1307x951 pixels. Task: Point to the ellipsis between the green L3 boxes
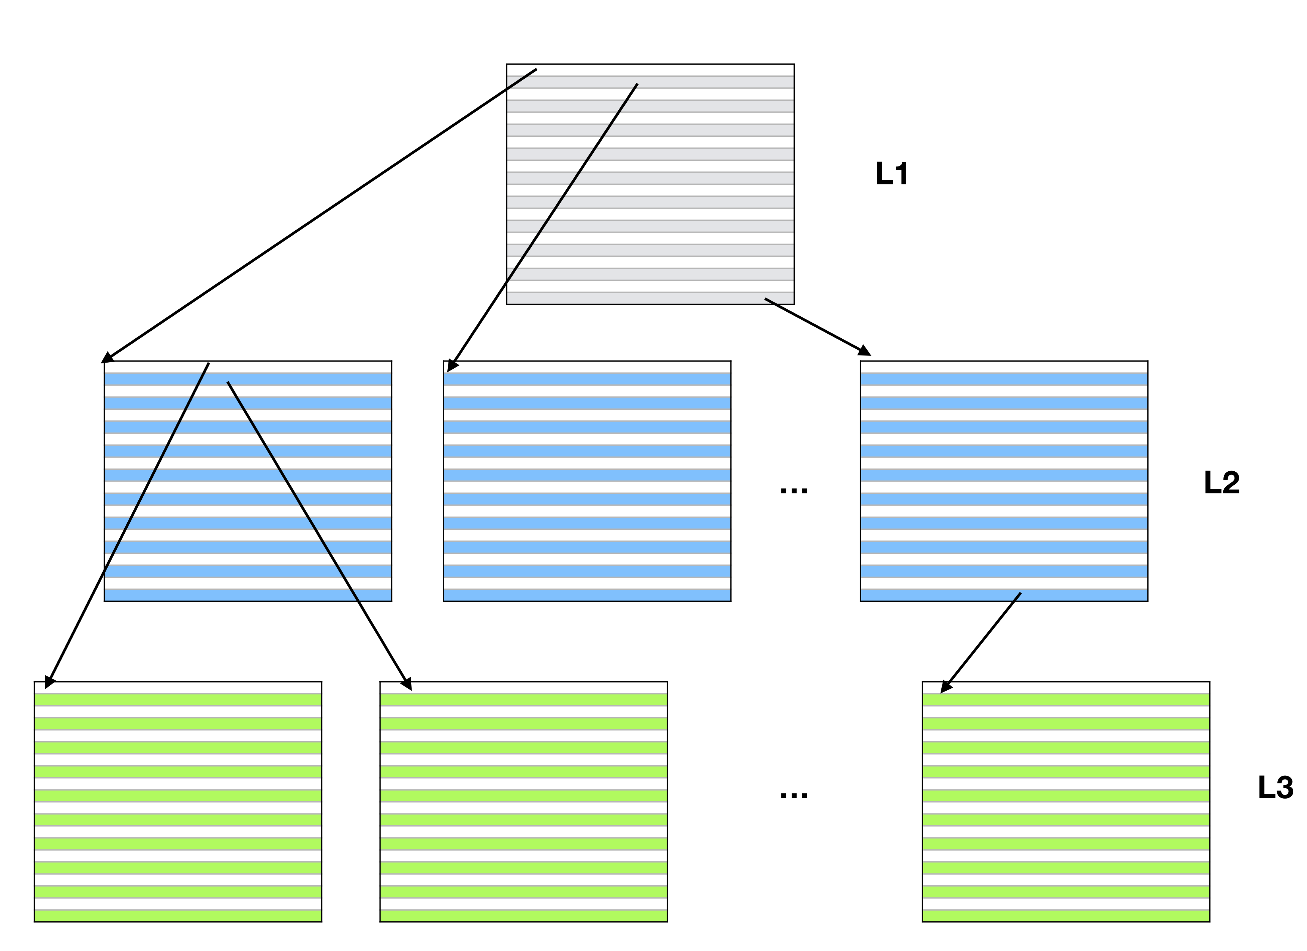(x=794, y=796)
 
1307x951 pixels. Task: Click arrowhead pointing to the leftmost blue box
(x=107, y=358)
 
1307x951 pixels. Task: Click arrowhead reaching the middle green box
(x=407, y=684)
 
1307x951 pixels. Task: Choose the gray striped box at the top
(x=650, y=184)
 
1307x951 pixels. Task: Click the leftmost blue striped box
(x=248, y=481)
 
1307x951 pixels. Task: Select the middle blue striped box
(x=587, y=481)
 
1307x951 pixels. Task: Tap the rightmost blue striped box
(x=1004, y=481)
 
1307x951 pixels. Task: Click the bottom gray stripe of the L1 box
(x=634, y=298)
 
